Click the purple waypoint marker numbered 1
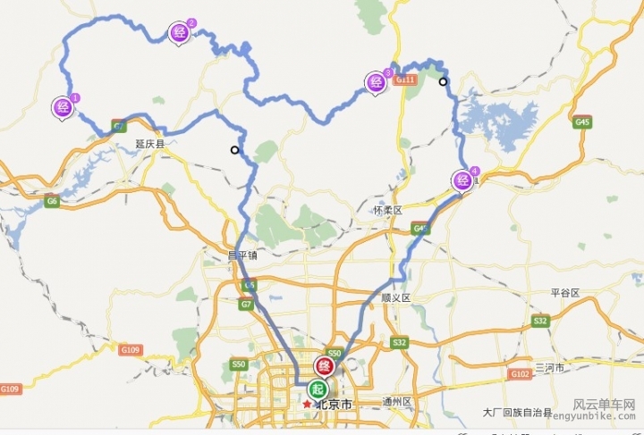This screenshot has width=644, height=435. coord(64,107)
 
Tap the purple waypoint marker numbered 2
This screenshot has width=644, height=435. coord(180,34)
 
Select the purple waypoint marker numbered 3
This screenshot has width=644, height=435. coord(376,83)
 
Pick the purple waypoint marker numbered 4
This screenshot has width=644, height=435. coord(463,180)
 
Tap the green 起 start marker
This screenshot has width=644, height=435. coord(318,389)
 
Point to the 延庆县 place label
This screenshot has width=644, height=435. coord(150,143)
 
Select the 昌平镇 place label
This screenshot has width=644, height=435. coord(242,255)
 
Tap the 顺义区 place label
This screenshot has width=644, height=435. coord(394,297)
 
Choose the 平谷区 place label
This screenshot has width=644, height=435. coord(565,292)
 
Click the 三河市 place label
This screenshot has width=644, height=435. coord(550,368)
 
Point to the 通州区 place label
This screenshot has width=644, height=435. coord(396,402)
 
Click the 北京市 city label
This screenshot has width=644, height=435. coord(334,405)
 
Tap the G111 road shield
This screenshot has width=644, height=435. coord(406,80)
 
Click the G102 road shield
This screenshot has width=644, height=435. coord(519,373)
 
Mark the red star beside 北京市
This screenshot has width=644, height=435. coord(307,405)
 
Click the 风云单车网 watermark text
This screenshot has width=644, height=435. coord(604,405)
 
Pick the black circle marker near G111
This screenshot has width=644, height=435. coord(443,82)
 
